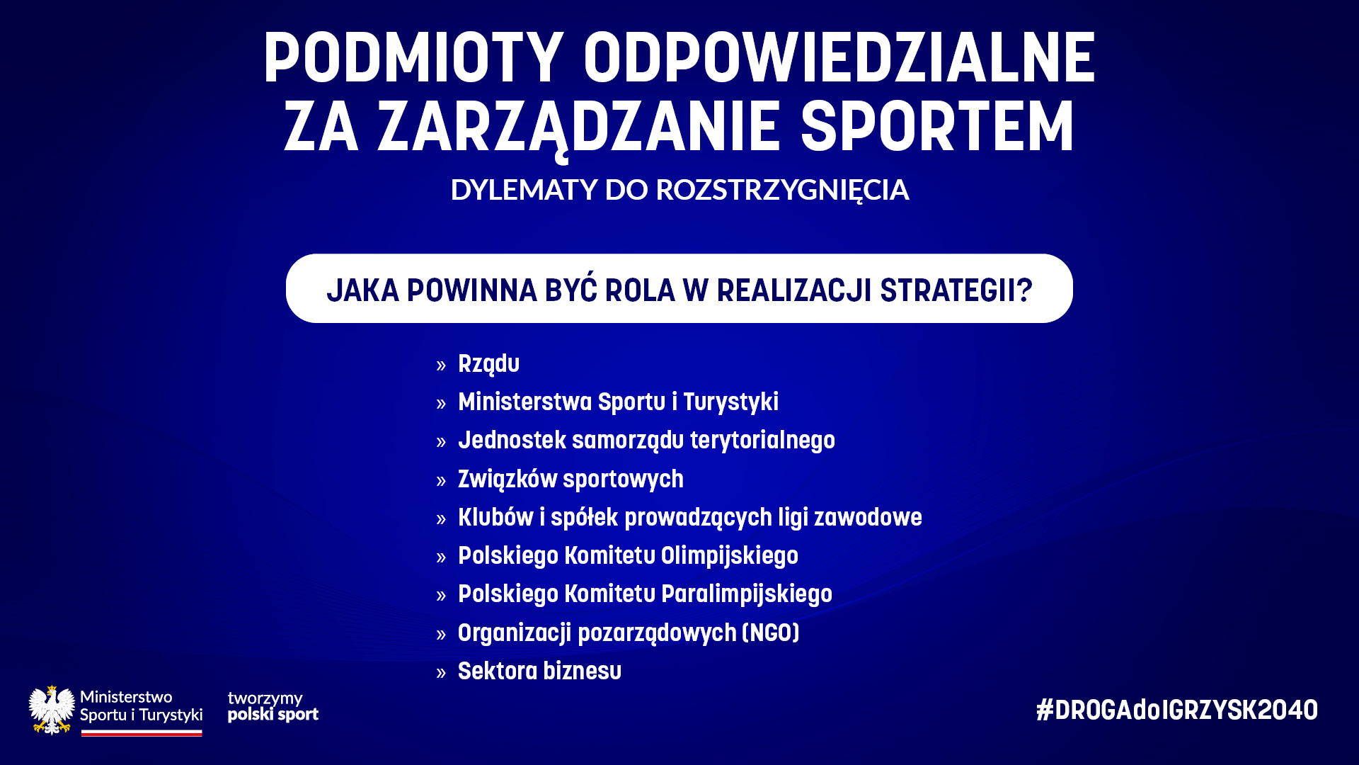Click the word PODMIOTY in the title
click(414, 58)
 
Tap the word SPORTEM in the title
click(937, 127)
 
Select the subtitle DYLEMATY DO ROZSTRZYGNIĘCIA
click(679, 190)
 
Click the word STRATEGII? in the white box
click(956, 290)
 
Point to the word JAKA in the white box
click(361, 290)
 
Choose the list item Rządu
click(488, 364)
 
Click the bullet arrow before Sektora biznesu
click(442, 673)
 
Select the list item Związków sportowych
click(570, 480)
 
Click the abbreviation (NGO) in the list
click(771, 633)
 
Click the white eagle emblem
click(52, 710)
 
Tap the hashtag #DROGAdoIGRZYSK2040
click(1177, 710)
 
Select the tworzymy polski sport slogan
click(273, 707)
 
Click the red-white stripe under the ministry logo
click(142, 733)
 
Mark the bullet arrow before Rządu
click(442, 365)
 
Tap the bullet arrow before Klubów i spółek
click(442, 519)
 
